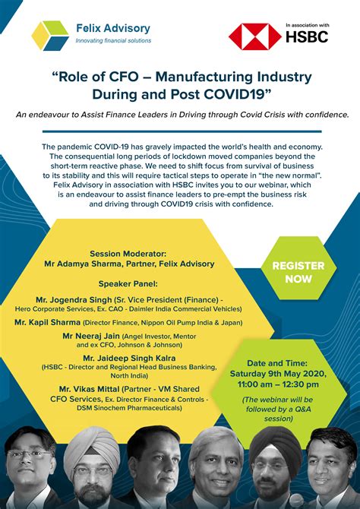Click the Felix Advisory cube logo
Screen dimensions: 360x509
pyautogui.click(x=50, y=35)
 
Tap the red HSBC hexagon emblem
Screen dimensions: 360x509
pyautogui.click(x=244, y=36)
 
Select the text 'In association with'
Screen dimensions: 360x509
pyautogui.click(x=308, y=24)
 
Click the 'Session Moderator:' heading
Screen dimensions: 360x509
pyautogui.click(x=129, y=254)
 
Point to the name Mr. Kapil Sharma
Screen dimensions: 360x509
pyautogui.click(x=50, y=322)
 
